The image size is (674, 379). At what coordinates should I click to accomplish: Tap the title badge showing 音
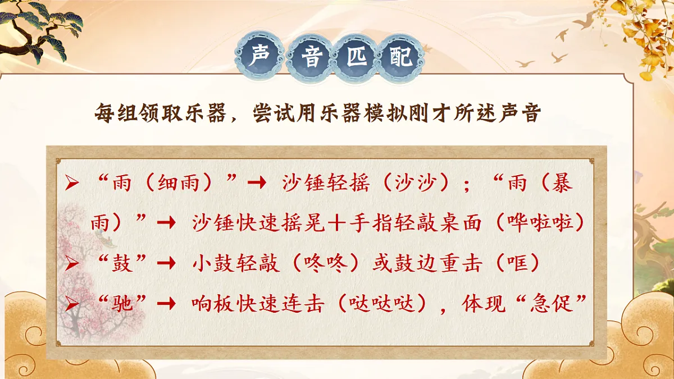click(311, 57)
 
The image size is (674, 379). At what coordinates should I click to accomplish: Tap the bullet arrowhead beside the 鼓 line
click(71, 263)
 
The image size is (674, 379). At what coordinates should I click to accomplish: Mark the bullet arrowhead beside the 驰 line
click(71, 304)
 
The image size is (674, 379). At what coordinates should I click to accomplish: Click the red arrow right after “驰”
click(166, 304)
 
